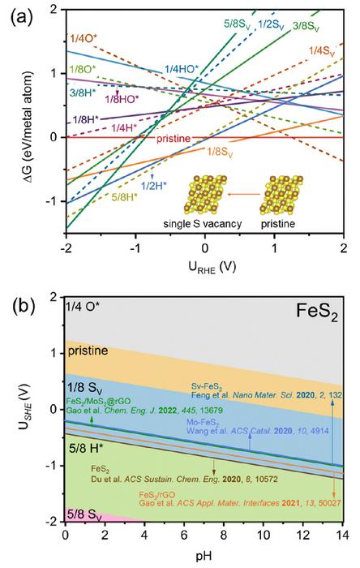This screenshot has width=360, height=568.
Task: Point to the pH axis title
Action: [x=203, y=559]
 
